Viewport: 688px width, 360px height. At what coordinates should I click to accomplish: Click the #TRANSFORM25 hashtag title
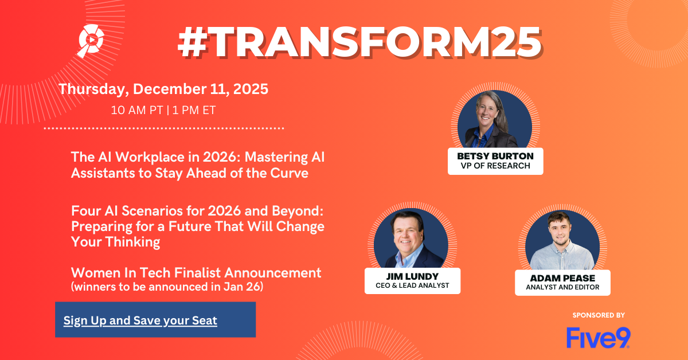coord(359,42)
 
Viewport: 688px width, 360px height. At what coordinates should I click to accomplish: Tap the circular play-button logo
coord(91,40)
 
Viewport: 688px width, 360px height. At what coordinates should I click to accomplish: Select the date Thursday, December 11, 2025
coord(163,89)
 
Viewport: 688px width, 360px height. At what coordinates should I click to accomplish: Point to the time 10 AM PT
coord(136,110)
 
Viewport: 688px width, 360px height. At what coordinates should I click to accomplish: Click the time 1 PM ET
coord(194,110)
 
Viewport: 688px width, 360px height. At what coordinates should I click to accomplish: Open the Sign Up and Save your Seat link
coord(140,320)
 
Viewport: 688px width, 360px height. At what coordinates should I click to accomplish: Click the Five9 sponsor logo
coord(599,338)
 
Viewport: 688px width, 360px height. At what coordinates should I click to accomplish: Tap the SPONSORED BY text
coord(599,315)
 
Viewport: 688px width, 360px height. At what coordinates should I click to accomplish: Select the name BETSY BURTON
coord(495,156)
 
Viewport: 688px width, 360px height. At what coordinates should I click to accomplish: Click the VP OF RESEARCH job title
coord(495,166)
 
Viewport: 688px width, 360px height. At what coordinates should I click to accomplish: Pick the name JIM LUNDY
coord(412,276)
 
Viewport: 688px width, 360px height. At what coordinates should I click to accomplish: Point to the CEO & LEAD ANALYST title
coord(412,285)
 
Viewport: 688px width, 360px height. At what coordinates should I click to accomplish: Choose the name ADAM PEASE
coord(562,278)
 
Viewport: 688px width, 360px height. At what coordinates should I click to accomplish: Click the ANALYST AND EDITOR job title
coord(562,287)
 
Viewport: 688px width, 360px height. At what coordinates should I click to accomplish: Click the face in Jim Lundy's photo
coord(407,235)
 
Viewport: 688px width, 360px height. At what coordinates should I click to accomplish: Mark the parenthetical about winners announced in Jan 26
coord(167,287)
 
